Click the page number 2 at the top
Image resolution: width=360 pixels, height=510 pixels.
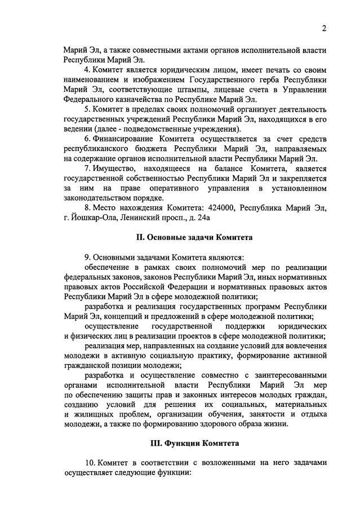click(324, 29)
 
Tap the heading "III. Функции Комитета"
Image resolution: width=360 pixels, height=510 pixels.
click(194, 443)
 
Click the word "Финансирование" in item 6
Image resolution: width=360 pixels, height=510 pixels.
click(122, 139)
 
